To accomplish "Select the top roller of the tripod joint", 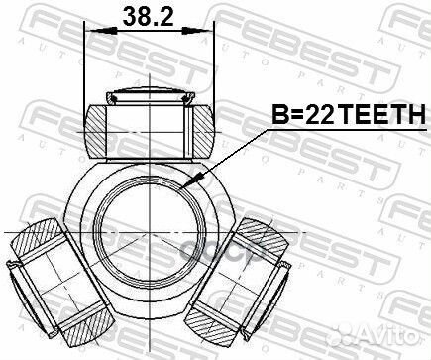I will [x=151, y=126].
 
